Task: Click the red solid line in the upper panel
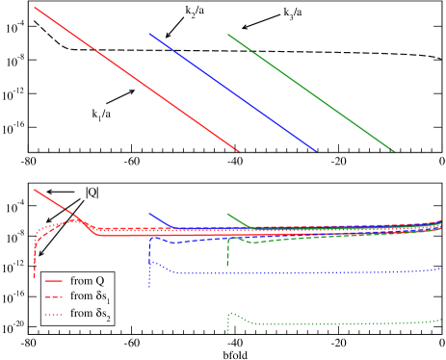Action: [135, 78]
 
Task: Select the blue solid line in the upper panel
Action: [231, 90]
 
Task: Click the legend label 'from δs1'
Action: [92, 296]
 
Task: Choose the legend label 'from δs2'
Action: [92, 314]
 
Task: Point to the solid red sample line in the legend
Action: [55, 280]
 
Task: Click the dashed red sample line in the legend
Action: [55, 296]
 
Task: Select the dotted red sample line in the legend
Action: [55, 314]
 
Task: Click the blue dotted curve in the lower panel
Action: [289, 273]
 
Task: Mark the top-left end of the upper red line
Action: [35, 8]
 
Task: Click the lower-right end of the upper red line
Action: [239, 150]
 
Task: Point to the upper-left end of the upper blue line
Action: [149, 34]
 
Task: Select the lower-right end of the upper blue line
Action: [316, 150]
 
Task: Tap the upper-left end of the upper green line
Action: [227, 35]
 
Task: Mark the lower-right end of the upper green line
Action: [394, 150]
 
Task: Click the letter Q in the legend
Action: [100, 280]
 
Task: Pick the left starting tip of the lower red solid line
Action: [35, 190]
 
